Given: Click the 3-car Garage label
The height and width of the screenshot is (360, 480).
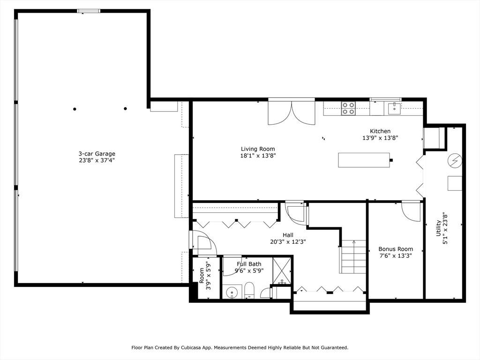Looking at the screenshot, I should tap(97, 154).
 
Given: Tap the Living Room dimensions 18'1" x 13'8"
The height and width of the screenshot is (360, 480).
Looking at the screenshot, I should tap(258, 156).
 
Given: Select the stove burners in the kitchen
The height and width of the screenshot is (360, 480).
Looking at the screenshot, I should tap(348, 108).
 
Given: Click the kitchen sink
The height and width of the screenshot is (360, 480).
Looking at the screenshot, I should tap(394, 108).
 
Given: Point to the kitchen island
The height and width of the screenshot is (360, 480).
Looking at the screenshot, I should tap(364, 160).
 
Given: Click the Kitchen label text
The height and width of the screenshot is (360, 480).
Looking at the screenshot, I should tap(380, 131).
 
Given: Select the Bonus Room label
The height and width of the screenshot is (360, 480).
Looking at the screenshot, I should tap(396, 249).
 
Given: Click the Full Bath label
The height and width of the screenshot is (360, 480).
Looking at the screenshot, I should tap(249, 264).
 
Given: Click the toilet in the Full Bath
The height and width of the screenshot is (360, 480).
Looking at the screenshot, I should tap(249, 290).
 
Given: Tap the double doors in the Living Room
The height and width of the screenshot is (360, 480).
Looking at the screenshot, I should tap(291, 113).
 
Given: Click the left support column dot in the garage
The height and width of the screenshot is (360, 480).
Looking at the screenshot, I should tap(75, 109).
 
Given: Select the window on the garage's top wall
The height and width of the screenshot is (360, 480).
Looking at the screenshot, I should tap(88, 11).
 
